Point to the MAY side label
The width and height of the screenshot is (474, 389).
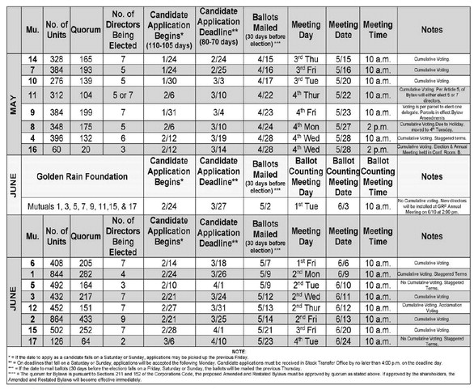tap(11, 105)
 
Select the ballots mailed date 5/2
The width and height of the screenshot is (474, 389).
tap(267, 205)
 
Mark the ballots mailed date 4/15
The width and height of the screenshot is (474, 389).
tap(267, 59)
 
